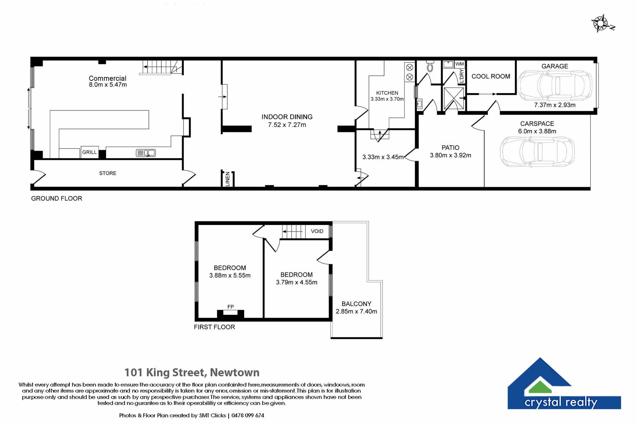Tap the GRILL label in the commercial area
point(90,152)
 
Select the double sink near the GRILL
point(146,153)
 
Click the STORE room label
point(108,173)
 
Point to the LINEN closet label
point(228,179)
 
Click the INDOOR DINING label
point(287,117)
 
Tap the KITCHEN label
point(387,93)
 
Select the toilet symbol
point(430,66)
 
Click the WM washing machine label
point(460,64)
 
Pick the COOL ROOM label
point(491,77)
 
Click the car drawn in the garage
point(555,85)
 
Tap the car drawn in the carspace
point(537,152)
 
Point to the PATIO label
point(451,148)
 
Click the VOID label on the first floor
point(317,231)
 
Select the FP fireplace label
point(231,307)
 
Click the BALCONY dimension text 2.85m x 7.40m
point(356,311)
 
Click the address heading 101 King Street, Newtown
point(192,373)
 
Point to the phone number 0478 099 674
point(248,415)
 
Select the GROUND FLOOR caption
point(57,198)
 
